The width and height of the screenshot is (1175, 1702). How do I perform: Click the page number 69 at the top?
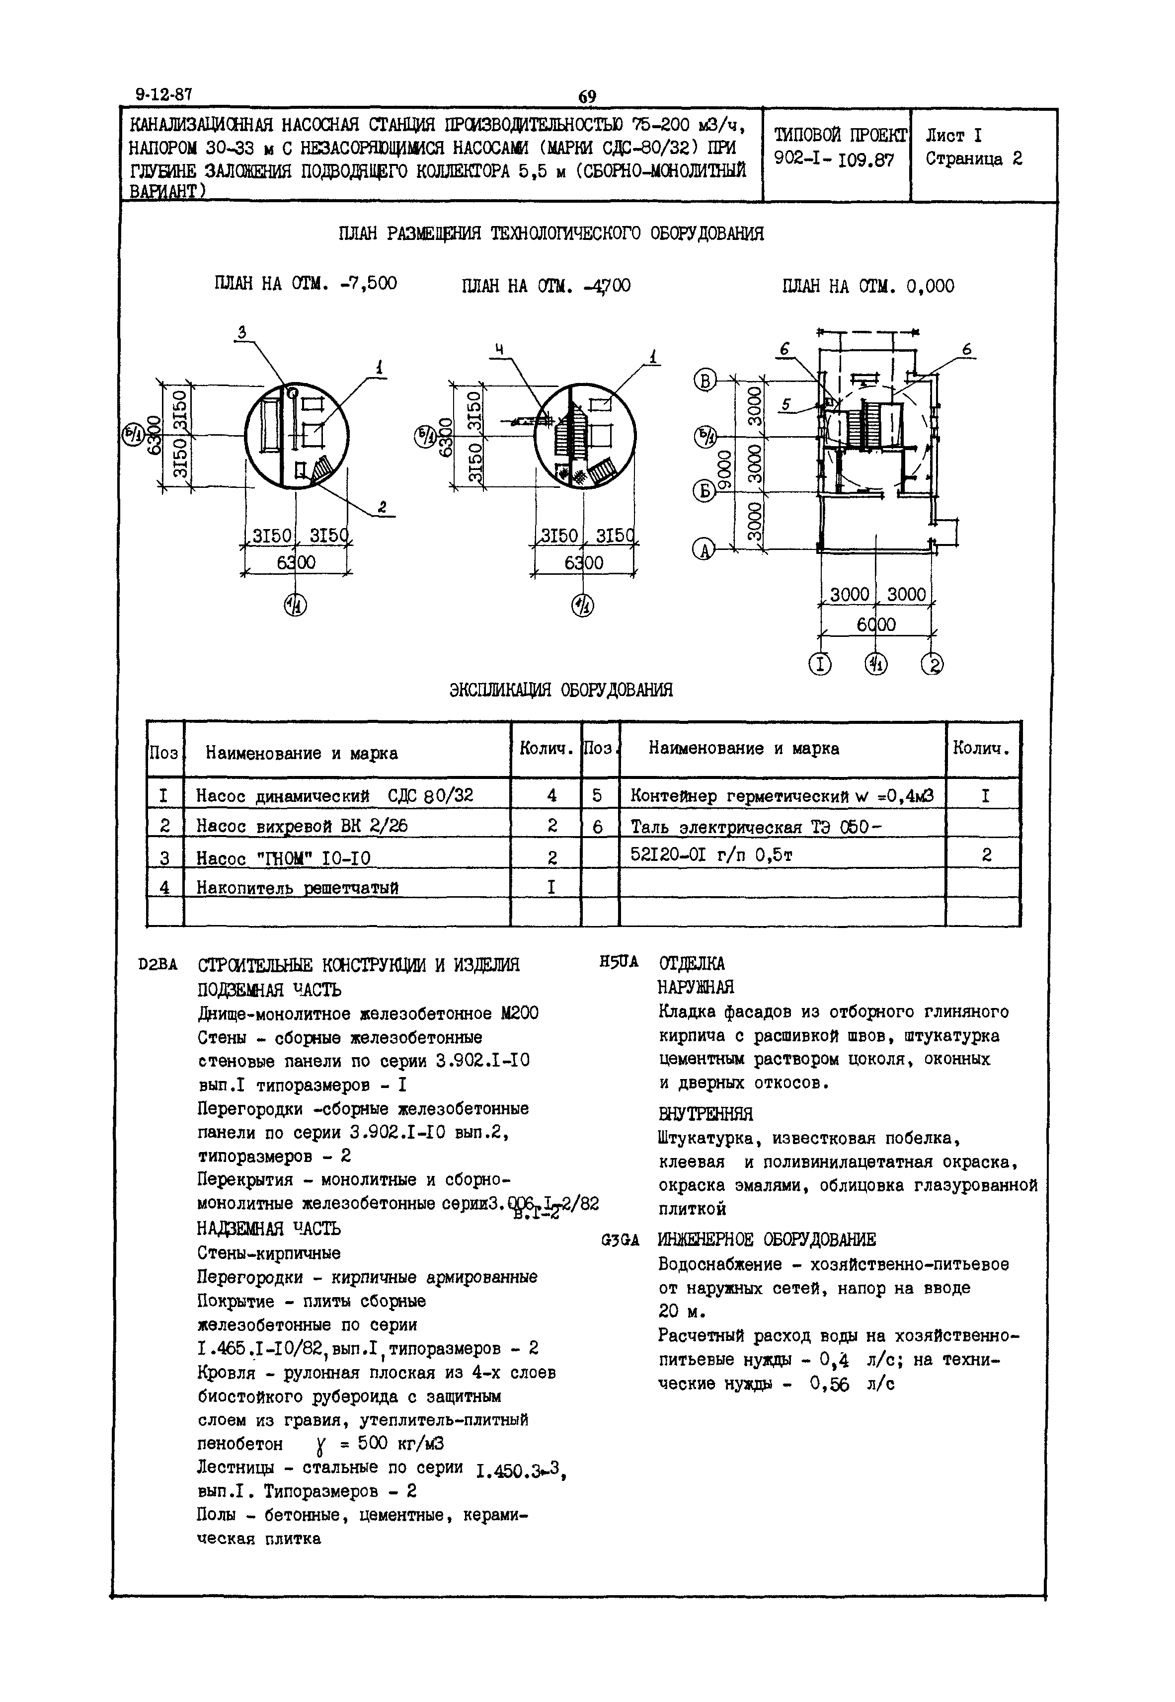(587, 96)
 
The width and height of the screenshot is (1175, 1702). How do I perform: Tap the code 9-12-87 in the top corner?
(163, 95)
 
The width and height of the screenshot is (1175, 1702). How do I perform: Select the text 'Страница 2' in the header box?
(973, 159)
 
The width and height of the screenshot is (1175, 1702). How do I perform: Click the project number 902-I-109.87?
(834, 160)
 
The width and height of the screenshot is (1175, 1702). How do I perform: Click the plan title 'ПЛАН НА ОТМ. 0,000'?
(868, 286)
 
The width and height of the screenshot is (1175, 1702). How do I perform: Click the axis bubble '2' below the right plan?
(932, 664)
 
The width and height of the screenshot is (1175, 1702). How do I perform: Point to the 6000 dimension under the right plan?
(875, 625)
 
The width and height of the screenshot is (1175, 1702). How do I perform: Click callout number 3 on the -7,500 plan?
(241, 333)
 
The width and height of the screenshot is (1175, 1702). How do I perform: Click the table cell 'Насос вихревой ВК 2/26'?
(302, 826)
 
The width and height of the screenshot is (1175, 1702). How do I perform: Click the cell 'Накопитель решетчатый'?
(297, 888)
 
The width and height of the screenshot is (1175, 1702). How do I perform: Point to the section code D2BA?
(157, 964)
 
